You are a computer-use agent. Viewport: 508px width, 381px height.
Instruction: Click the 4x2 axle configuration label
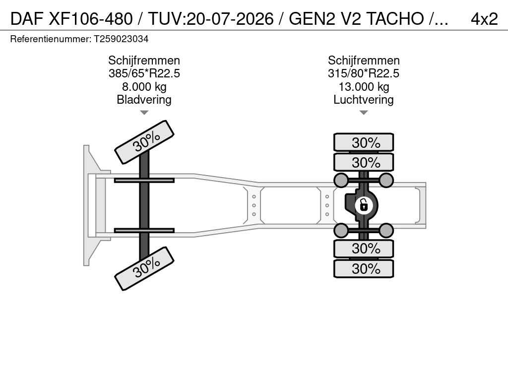click(x=484, y=19)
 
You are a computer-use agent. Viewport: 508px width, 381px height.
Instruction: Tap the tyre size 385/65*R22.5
click(x=144, y=74)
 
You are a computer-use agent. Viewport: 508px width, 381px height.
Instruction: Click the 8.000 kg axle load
click(x=144, y=87)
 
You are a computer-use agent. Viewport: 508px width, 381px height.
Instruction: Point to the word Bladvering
click(x=144, y=100)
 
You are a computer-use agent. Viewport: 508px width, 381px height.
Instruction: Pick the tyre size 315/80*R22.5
click(x=363, y=74)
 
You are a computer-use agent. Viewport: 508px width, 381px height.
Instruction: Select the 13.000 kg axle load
click(x=363, y=87)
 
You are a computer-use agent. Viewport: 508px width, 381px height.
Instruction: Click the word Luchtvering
click(x=363, y=100)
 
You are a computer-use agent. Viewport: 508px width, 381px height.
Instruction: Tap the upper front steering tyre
click(x=144, y=142)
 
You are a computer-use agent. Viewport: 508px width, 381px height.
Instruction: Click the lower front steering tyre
click(x=144, y=268)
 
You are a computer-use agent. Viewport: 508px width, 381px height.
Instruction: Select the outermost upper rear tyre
click(x=364, y=142)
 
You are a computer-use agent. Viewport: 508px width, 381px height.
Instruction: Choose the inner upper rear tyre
click(x=364, y=162)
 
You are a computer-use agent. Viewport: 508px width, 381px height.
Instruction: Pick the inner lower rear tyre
click(x=364, y=249)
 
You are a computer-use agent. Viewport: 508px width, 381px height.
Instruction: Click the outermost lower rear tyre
click(x=364, y=269)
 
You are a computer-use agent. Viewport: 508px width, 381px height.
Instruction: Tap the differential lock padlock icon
click(x=363, y=204)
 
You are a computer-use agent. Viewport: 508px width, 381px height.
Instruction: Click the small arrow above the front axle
click(x=144, y=113)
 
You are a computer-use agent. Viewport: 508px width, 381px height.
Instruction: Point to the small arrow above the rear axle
click(x=363, y=113)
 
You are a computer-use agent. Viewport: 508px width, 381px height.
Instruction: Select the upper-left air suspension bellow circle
click(x=341, y=180)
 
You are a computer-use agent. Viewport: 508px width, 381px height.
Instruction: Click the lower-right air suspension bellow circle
click(x=386, y=230)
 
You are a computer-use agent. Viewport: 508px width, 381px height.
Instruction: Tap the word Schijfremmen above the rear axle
click(x=363, y=61)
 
